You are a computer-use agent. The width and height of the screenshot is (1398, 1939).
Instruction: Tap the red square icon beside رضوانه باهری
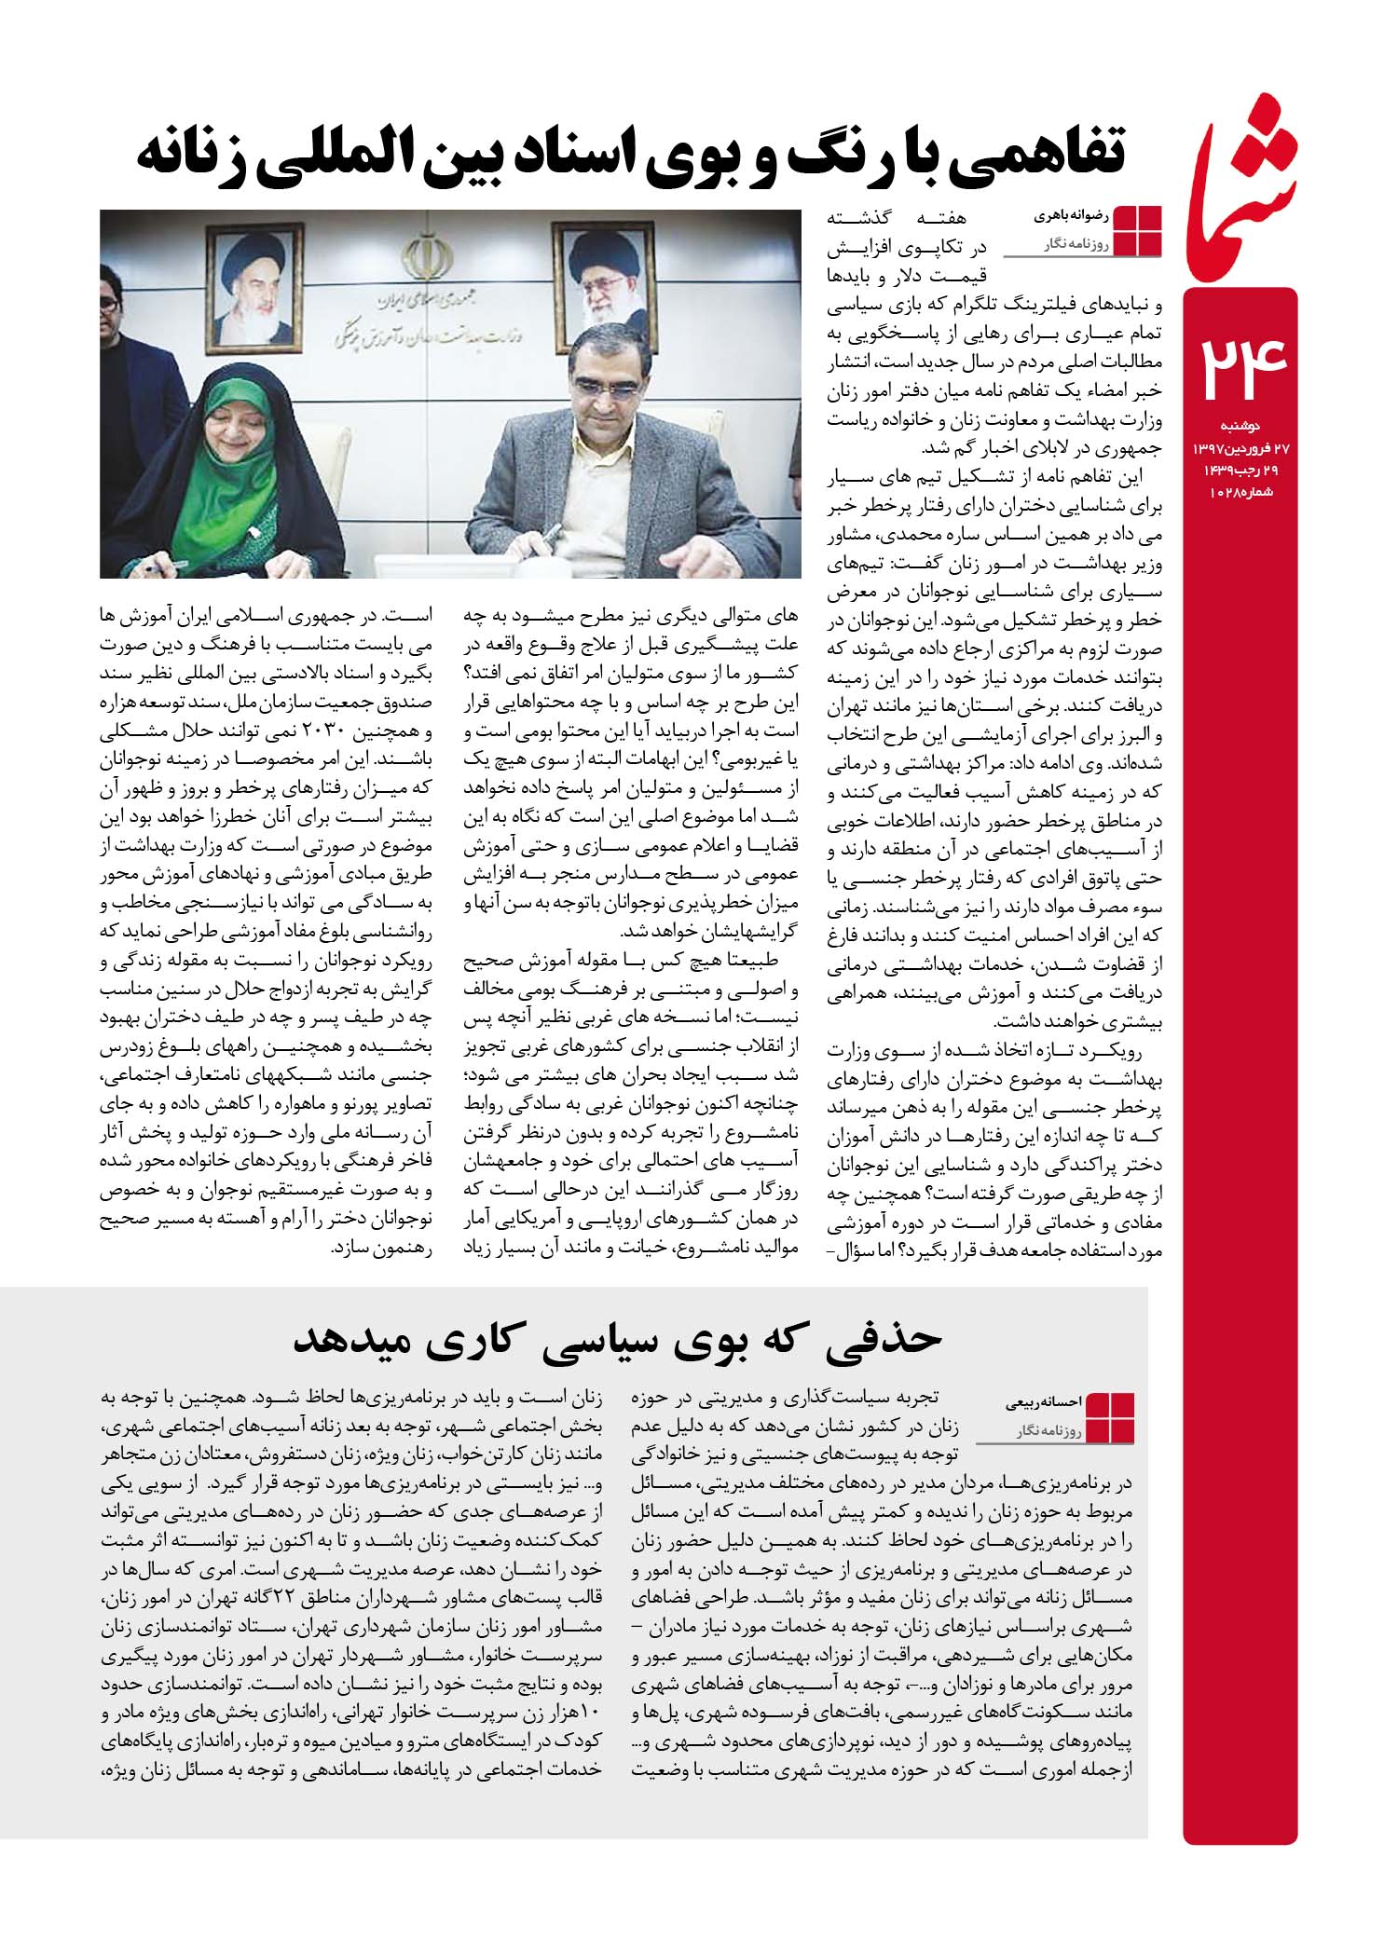(x=1138, y=230)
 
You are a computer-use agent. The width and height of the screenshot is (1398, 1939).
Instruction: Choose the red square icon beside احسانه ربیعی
(x=1111, y=1417)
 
